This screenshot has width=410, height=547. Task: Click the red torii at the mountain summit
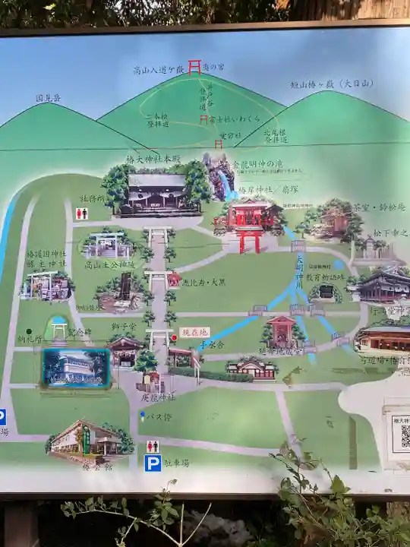pyautogui.click(x=194, y=67)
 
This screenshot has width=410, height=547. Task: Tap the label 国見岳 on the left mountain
pyautogui.click(x=48, y=98)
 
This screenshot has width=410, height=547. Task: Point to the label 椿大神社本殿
pyautogui.click(x=153, y=160)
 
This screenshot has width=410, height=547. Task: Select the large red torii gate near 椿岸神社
pyautogui.click(x=248, y=240)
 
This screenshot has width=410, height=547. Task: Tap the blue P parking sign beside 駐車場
pyautogui.click(x=153, y=463)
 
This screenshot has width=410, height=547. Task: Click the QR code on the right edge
pyautogui.click(x=401, y=433)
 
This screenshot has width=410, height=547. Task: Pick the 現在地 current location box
pyautogui.click(x=194, y=332)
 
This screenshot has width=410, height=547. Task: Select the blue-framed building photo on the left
pyautogui.click(x=75, y=368)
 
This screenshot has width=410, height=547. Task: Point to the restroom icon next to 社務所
pyautogui.click(x=81, y=214)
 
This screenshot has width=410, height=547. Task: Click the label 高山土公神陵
pyautogui.click(x=102, y=264)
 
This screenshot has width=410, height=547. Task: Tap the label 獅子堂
pyautogui.click(x=124, y=326)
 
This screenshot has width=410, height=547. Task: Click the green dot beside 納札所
pyautogui.click(x=29, y=331)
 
